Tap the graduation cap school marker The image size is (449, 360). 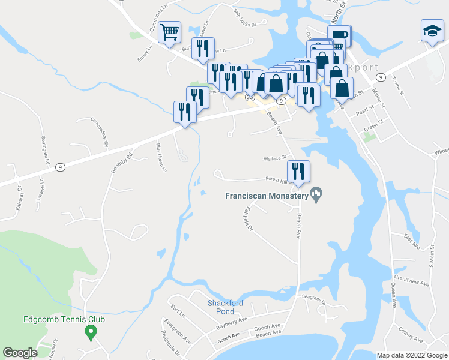[x=431, y=31]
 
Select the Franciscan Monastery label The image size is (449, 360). [x=266, y=195]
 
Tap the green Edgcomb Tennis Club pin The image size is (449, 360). [x=91, y=331]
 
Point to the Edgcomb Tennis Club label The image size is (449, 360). [x=64, y=320]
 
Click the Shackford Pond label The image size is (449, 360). [x=225, y=307]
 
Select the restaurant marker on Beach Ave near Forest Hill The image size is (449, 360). [x=298, y=170]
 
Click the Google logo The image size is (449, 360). [x=20, y=352]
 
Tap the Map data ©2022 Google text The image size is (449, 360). [x=411, y=355]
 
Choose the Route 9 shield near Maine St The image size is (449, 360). [x=380, y=77]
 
